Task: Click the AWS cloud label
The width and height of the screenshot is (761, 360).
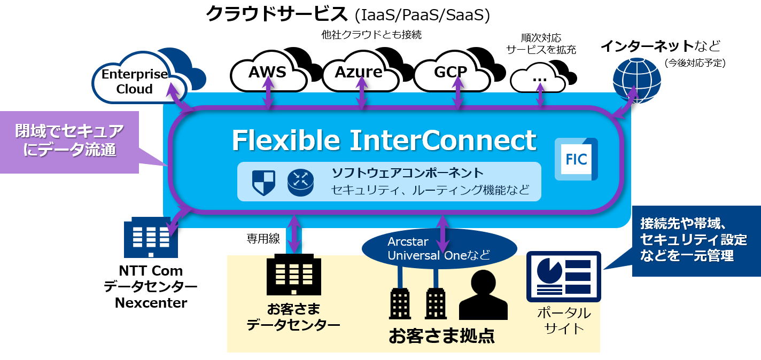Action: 267,72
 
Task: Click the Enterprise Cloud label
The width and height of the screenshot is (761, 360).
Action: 135,82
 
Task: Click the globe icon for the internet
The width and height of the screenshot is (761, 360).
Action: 636,81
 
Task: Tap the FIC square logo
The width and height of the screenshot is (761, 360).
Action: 576,159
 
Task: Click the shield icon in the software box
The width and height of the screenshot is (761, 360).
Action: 263,183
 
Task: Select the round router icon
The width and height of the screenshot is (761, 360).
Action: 300,183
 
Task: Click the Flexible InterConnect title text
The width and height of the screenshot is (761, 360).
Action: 384,140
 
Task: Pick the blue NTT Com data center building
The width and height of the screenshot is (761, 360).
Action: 151,237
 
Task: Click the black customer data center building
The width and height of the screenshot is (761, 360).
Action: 294,275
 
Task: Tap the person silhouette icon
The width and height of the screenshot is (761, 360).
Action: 483,295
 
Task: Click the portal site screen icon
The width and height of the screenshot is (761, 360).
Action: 564,277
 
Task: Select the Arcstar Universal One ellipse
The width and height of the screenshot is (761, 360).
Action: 439,248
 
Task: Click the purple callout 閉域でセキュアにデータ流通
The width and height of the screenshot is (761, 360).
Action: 69,142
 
